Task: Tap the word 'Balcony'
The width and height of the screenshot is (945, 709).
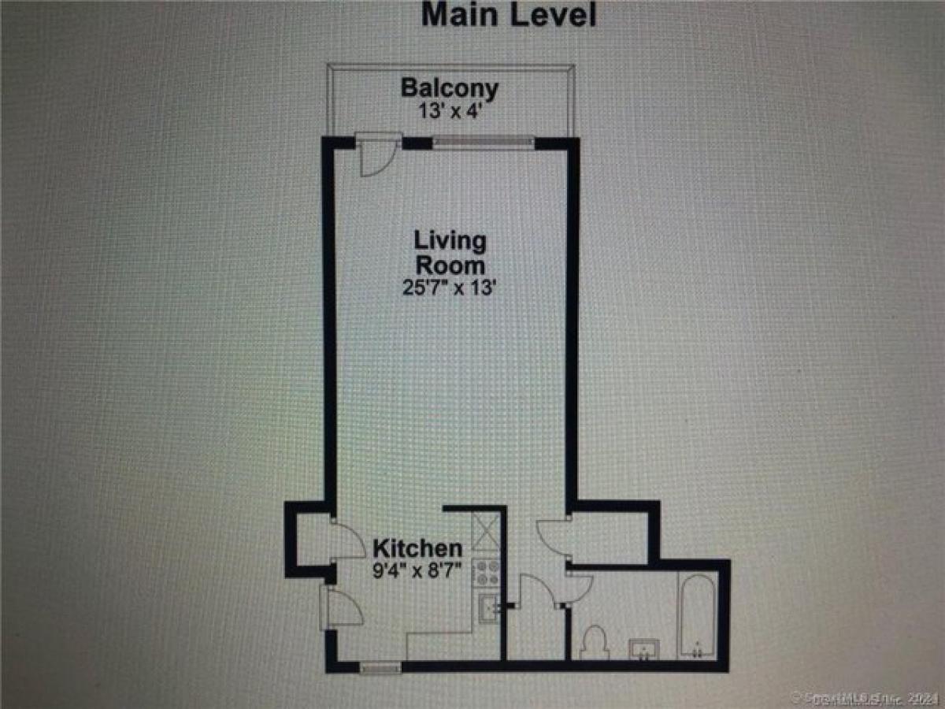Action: [449, 87]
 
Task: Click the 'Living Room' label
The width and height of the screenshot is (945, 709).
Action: [450, 252]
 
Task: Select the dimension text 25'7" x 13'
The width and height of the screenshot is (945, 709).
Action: [450, 288]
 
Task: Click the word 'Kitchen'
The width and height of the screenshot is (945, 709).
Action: [417, 548]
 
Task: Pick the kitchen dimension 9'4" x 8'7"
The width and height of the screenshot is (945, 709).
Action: [417, 570]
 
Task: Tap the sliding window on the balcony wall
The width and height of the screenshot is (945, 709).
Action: [483, 143]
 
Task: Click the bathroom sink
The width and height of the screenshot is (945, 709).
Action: [644, 651]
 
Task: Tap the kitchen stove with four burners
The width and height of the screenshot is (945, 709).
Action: [487, 572]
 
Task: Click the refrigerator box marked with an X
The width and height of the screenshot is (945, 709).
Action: [486, 529]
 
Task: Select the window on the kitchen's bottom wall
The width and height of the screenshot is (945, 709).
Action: [380, 666]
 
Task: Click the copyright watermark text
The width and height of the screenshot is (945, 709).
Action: [866, 696]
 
